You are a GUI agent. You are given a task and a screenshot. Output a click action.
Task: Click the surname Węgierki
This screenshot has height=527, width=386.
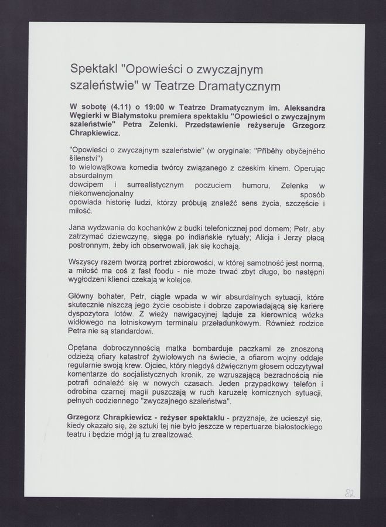pyautogui.click(x=88, y=117)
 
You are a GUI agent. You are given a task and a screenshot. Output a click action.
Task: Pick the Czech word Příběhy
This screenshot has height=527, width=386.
pyautogui.click(x=273, y=150)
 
